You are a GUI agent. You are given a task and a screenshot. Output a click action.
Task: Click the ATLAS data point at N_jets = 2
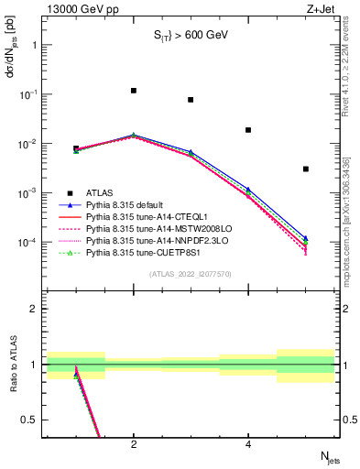134,91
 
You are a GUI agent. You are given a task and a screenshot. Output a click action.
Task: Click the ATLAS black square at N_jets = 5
306,169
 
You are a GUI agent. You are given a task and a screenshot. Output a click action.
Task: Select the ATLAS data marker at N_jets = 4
248,130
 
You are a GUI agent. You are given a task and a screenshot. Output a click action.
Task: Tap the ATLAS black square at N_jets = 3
191,100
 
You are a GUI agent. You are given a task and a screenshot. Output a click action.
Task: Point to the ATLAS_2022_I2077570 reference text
191,273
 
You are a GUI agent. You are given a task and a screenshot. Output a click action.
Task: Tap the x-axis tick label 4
248,444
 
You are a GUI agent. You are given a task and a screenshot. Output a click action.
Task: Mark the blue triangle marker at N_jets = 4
248,190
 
